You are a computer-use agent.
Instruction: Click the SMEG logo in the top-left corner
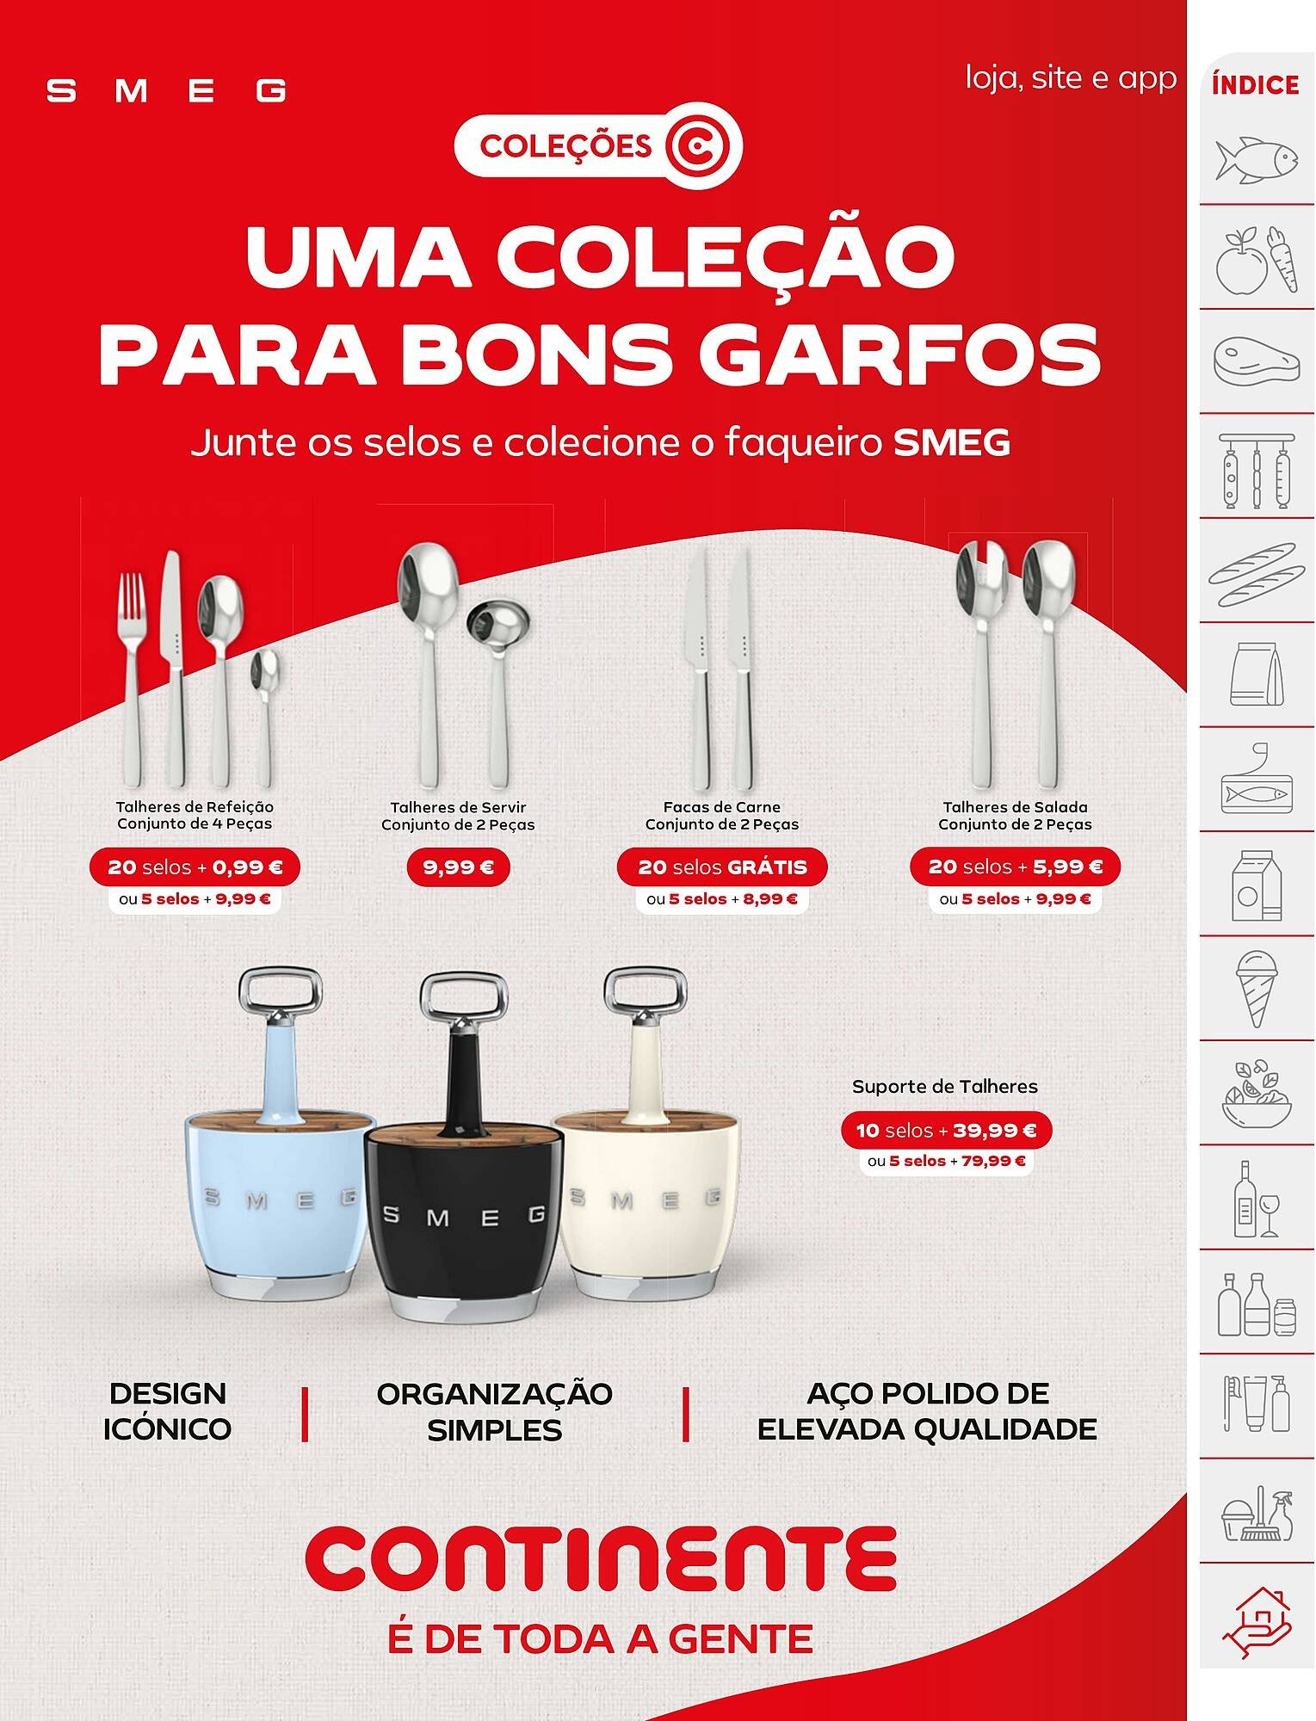166,90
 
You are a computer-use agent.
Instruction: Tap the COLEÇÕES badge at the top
597,147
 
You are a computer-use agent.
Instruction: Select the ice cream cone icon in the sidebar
1257,989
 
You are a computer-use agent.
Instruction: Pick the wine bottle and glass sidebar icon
1257,1198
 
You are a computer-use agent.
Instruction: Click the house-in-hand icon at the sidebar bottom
1257,1621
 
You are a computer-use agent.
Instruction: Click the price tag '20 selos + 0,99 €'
195,867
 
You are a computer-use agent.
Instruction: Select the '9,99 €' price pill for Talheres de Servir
458,867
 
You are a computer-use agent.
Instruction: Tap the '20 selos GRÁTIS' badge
722,867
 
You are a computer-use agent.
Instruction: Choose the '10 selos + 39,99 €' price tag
946,1130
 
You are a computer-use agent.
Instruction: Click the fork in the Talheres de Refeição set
133,680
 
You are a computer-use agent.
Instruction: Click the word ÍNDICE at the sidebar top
1255,85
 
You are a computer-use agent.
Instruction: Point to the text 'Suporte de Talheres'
945,1086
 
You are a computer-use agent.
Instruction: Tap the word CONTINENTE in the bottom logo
601,1558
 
